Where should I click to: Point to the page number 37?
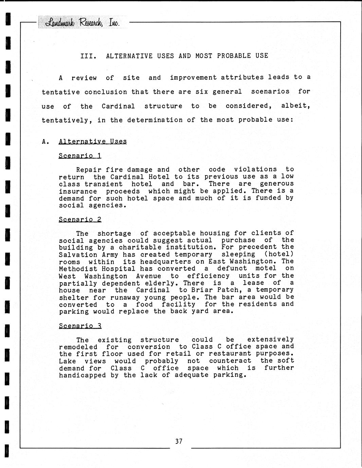tap(179, 441)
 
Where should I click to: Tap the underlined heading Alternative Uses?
tap(93, 141)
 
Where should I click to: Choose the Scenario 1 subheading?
tap(80, 156)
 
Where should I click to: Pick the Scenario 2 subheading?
tap(80, 219)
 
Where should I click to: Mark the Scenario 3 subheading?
tap(80, 326)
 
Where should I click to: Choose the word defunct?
tap(232, 268)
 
